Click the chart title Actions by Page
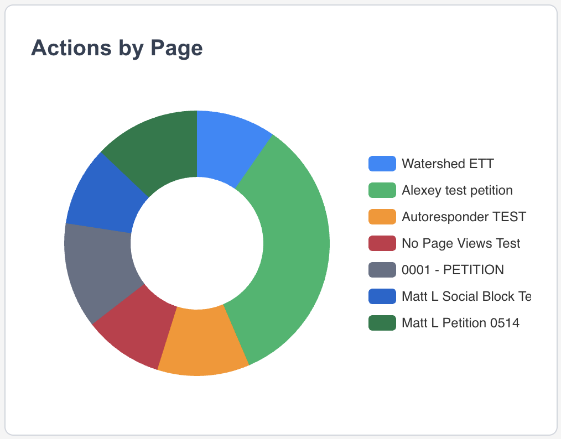(117, 48)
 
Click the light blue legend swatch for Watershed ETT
(382, 164)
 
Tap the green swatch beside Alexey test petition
(382, 190)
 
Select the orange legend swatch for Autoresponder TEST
(382, 217)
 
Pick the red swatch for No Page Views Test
(382, 243)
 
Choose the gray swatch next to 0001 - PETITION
(382, 270)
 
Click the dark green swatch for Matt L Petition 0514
(382, 323)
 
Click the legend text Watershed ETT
(448, 164)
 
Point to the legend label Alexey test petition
(457, 190)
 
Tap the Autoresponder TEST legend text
(464, 217)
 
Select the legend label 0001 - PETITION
(453, 270)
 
